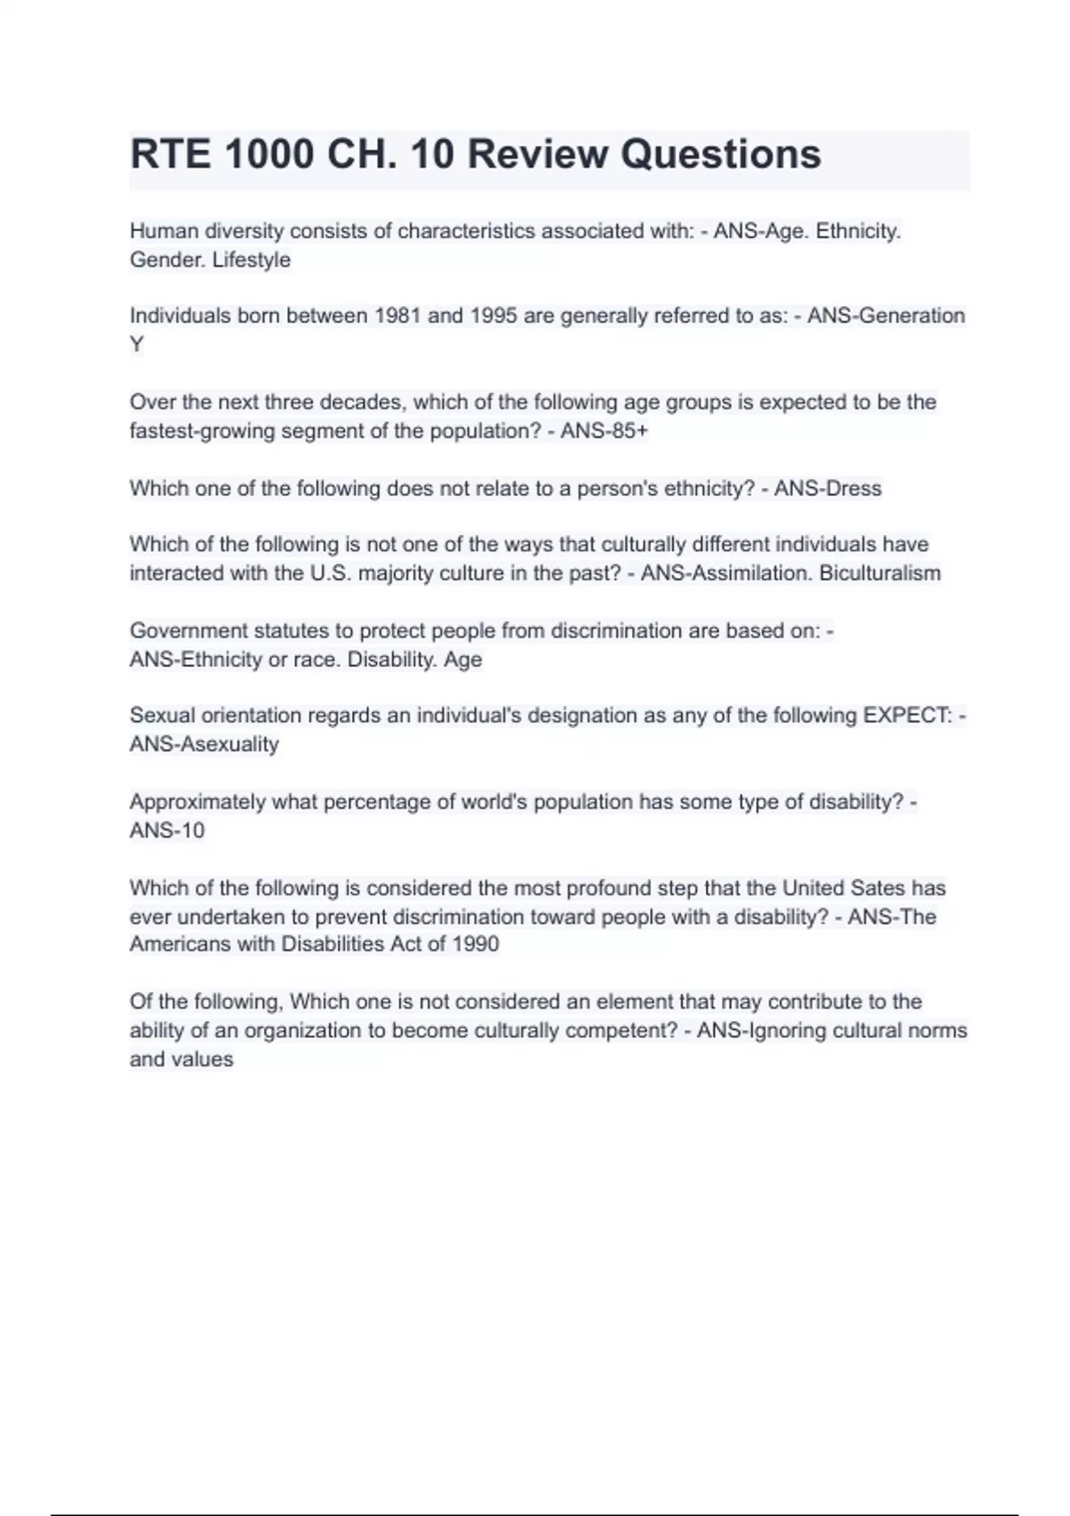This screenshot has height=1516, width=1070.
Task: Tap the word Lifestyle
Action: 251,260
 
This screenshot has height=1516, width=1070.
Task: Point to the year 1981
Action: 398,316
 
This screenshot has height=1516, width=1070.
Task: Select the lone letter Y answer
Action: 136,344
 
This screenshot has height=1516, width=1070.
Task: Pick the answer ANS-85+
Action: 605,431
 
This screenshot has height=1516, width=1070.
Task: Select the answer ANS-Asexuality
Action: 204,744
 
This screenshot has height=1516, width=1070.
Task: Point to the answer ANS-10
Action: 167,830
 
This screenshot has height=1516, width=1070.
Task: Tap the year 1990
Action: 475,943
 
